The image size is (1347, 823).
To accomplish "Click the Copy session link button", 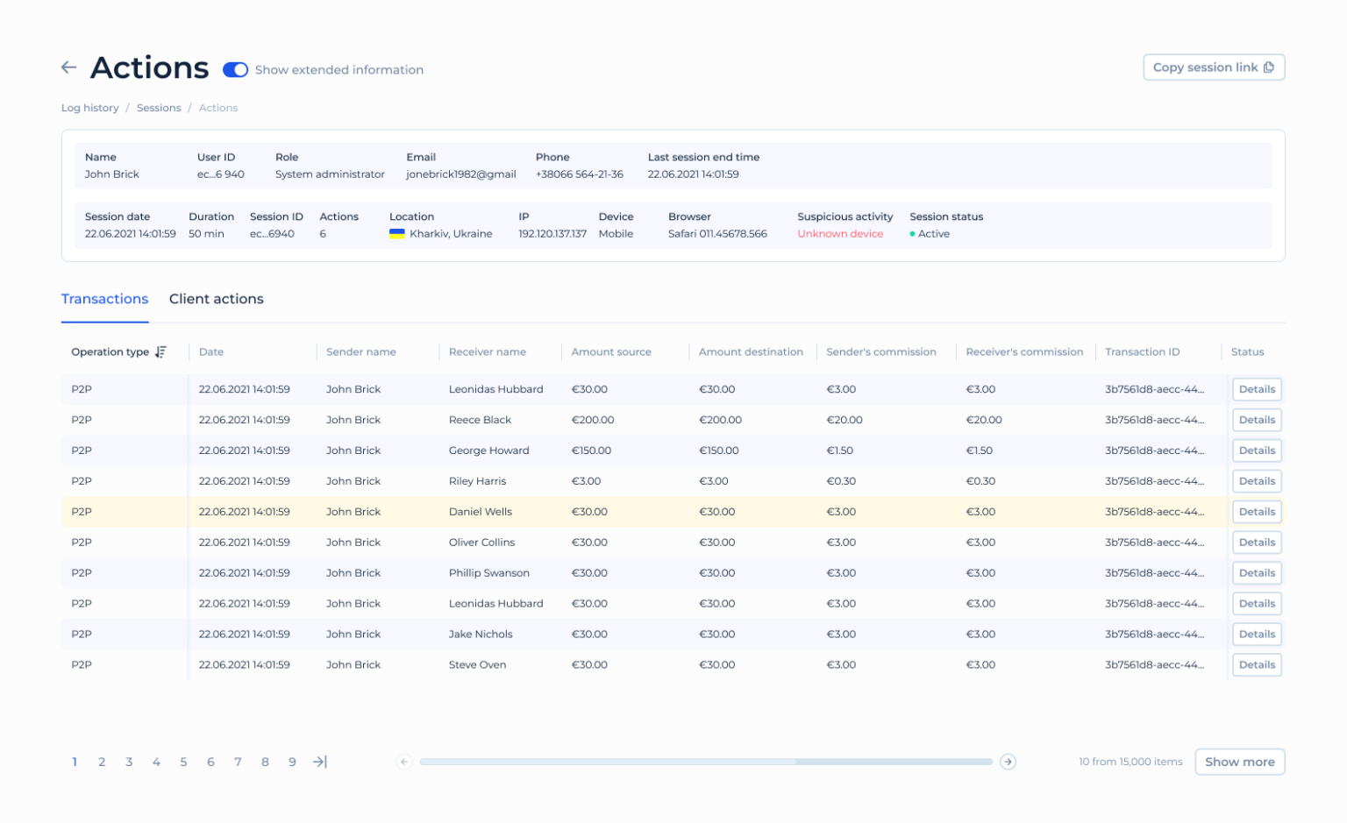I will click(x=1213, y=67).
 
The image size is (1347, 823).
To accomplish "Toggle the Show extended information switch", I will click(x=235, y=70).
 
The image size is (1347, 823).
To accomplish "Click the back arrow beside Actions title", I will click(x=69, y=67).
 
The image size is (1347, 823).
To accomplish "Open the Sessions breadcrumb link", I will click(x=159, y=108).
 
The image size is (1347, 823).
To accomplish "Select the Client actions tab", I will click(x=216, y=299).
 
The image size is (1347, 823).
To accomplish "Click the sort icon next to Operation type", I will click(x=160, y=352).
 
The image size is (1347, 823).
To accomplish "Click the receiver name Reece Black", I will click(x=480, y=420).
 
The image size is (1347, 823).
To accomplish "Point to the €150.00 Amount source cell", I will click(x=591, y=451).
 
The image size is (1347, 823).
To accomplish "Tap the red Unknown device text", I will click(x=839, y=234).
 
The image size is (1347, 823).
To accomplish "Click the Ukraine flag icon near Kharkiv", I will click(x=397, y=234).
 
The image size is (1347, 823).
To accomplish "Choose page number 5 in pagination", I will click(x=183, y=762).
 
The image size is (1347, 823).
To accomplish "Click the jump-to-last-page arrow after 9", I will click(x=320, y=762).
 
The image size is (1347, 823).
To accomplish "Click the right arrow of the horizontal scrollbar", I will click(x=1008, y=762).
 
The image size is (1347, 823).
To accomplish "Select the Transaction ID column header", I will click(x=1142, y=352).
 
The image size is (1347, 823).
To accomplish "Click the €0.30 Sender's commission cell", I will click(x=841, y=481).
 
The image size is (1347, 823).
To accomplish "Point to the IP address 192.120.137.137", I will click(x=552, y=234).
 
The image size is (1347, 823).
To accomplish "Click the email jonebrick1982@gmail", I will click(x=460, y=174).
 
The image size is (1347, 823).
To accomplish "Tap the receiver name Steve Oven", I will click(x=477, y=665).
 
